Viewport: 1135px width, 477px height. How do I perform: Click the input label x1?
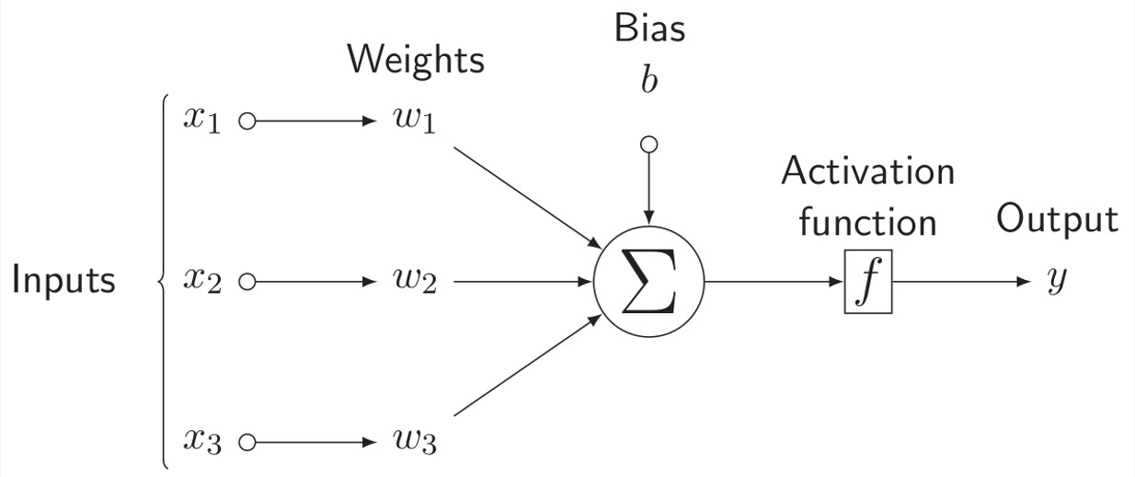click(202, 122)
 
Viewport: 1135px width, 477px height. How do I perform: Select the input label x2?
click(202, 281)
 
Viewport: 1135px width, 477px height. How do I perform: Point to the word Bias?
click(649, 29)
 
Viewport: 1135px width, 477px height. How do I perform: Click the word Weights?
click(415, 61)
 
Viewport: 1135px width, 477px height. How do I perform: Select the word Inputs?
click(63, 281)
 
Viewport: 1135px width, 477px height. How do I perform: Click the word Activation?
click(867, 172)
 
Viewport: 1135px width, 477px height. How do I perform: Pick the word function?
click(867, 222)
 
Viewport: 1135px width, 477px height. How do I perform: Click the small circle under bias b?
click(649, 144)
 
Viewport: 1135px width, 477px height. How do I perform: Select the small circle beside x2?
click(246, 282)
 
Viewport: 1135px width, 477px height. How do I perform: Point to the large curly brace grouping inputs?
click(164, 281)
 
